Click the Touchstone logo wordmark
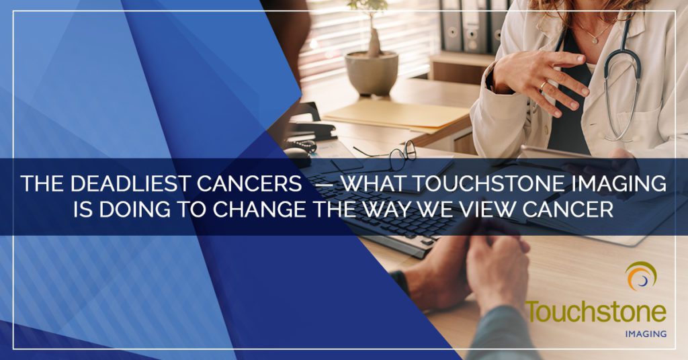(x=596, y=312)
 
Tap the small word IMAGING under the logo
(x=646, y=334)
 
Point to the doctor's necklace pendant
(x=595, y=40)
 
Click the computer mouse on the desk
(x=297, y=156)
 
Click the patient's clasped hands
(x=470, y=270)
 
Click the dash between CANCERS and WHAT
(x=322, y=185)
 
